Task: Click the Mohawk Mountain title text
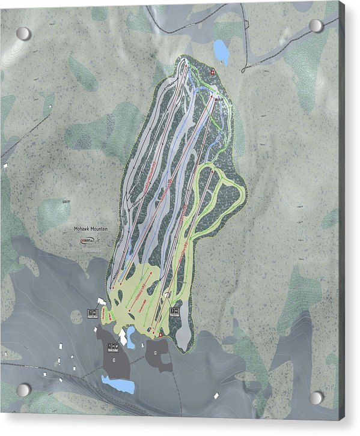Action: [88, 229]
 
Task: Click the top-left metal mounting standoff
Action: [23, 34]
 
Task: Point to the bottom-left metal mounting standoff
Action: [23, 390]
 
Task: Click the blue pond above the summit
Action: [221, 52]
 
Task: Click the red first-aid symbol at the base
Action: [160, 333]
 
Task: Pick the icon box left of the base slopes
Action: [93, 312]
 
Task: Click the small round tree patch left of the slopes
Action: [77, 316]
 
